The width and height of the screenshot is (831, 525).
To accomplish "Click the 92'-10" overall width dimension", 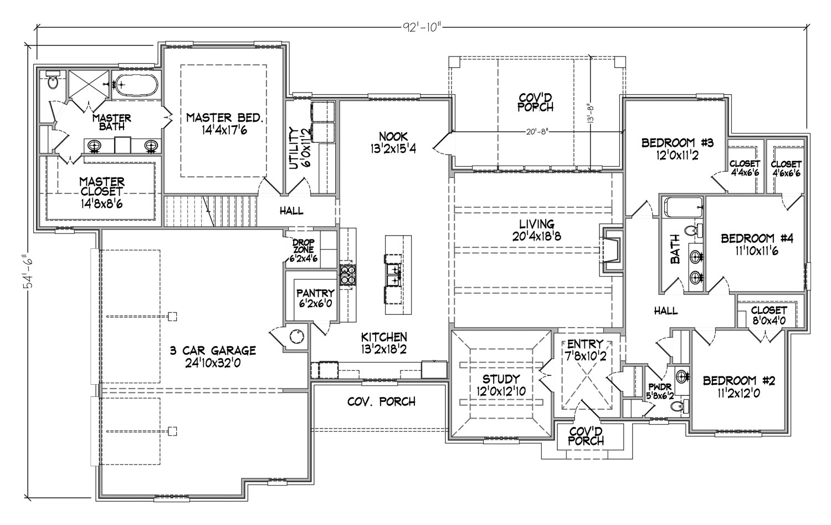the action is pyautogui.click(x=423, y=28).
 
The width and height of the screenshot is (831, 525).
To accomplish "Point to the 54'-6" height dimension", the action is pyautogui.click(x=29, y=271).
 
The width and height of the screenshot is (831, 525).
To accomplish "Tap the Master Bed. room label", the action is pyautogui.click(x=225, y=124).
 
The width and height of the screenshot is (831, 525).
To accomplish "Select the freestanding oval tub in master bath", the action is pyautogui.click(x=135, y=85).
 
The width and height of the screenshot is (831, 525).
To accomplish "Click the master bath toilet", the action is pyautogui.click(x=52, y=80).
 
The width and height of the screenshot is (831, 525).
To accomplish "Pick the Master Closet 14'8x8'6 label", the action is pyautogui.click(x=101, y=192).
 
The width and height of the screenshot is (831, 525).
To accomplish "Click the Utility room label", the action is pyautogui.click(x=299, y=148).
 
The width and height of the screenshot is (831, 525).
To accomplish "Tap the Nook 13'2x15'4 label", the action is pyautogui.click(x=393, y=142).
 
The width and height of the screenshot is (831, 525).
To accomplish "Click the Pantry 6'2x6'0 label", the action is pyautogui.click(x=315, y=298).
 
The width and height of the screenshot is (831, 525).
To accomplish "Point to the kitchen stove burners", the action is pyautogui.click(x=348, y=275).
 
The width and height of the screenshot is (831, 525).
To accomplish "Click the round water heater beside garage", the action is pyautogui.click(x=297, y=337).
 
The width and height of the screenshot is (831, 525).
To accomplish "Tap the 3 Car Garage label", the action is pyautogui.click(x=213, y=356).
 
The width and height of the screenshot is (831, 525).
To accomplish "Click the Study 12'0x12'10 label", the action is pyautogui.click(x=501, y=385).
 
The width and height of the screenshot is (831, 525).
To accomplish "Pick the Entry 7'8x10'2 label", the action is pyautogui.click(x=586, y=350).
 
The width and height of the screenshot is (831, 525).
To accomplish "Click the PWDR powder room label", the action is pyautogui.click(x=660, y=391).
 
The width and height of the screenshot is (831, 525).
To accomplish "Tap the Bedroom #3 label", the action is pyautogui.click(x=678, y=148).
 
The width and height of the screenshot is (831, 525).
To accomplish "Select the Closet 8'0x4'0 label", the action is pyautogui.click(x=769, y=315).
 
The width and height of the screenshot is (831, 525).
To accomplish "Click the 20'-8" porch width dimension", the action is pyautogui.click(x=537, y=132).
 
